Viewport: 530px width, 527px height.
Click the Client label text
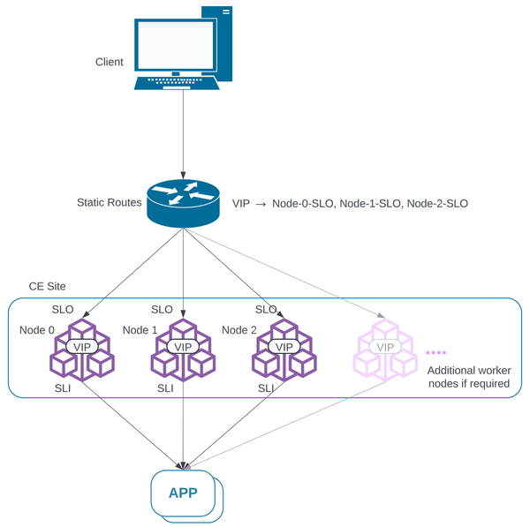pyautogui.click(x=110, y=62)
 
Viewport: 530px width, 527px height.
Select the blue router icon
pyautogui.click(x=183, y=203)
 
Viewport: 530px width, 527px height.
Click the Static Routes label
pyautogui.click(x=110, y=203)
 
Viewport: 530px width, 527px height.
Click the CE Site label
pyautogui.click(x=48, y=288)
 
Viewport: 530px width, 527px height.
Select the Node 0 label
pyautogui.click(x=36, y=330)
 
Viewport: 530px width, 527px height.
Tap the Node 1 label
pyautogui.click(x=140, y=330)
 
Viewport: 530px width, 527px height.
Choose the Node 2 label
pyautogui.click(x=238, y=330)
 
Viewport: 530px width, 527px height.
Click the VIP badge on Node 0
pyautogui.click(x=83, y=347)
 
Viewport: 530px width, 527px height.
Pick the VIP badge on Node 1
pyautogui.click(x=183, y=347)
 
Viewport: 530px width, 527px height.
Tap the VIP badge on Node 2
pyautogui.click(x=284, y=347)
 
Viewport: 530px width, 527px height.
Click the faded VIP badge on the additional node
pyautogui.click(x=385, y=347)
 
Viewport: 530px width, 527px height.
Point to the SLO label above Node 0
pyautogui.click(x=63, y=310)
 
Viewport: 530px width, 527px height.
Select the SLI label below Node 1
pyautogui.click(x=165, y=388)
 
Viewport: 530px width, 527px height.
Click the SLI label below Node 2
pyautogui.click(x=266, y=388)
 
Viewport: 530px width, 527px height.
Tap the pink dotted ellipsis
pyautogui.click(x=436, y=352)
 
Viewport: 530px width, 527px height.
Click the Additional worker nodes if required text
pyautogui.click(x=468, y=377)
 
